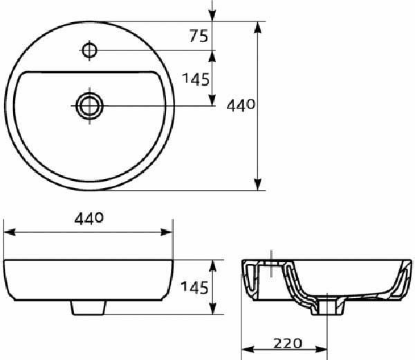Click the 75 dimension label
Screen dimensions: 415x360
point(199,36)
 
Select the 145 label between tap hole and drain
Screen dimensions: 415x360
point(196,79)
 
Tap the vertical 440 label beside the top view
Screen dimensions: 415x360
point(241,106)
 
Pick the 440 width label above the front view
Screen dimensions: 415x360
point(89,219)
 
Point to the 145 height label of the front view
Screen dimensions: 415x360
point(194,287)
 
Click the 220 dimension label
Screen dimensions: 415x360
point(288,343)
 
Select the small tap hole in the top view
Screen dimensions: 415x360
point(89,50)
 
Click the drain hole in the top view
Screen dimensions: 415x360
point(89,106)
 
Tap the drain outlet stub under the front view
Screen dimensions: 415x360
point(89,307)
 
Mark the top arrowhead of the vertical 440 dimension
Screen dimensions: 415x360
point(257,27)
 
